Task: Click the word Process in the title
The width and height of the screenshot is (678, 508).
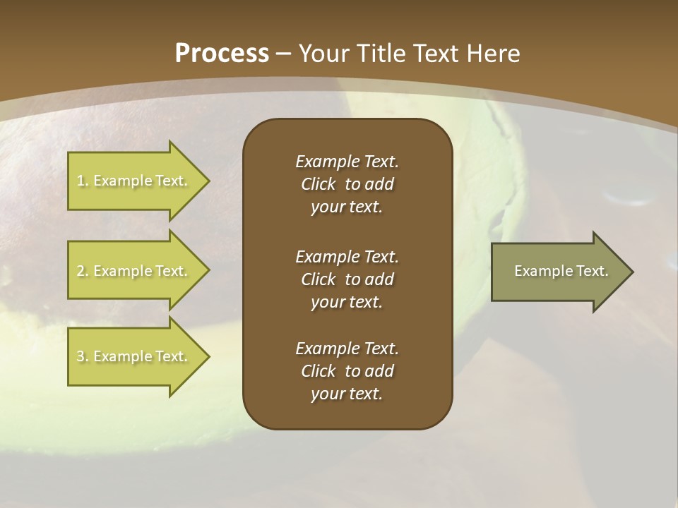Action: tap(222, 54)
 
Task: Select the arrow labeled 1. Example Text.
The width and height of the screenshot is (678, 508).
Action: tap(134, 181)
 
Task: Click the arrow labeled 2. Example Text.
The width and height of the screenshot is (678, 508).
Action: tap(134, 271)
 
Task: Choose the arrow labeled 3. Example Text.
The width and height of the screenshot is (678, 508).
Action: tap(134, 356)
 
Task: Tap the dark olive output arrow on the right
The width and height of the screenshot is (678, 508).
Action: tap(558, 271)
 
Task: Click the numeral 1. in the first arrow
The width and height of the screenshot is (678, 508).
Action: tap(83, 181)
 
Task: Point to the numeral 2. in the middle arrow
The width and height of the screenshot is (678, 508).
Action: tap(83, 271)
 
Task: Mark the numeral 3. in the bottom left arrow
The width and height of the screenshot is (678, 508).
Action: tap(83, 356)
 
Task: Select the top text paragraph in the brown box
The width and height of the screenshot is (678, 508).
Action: tap(347, 184)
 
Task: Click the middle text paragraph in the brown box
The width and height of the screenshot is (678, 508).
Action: tap(347, 279)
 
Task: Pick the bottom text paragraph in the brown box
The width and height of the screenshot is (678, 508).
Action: tap(347, 371)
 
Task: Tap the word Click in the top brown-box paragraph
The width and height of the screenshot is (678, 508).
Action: tap(319, 184)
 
